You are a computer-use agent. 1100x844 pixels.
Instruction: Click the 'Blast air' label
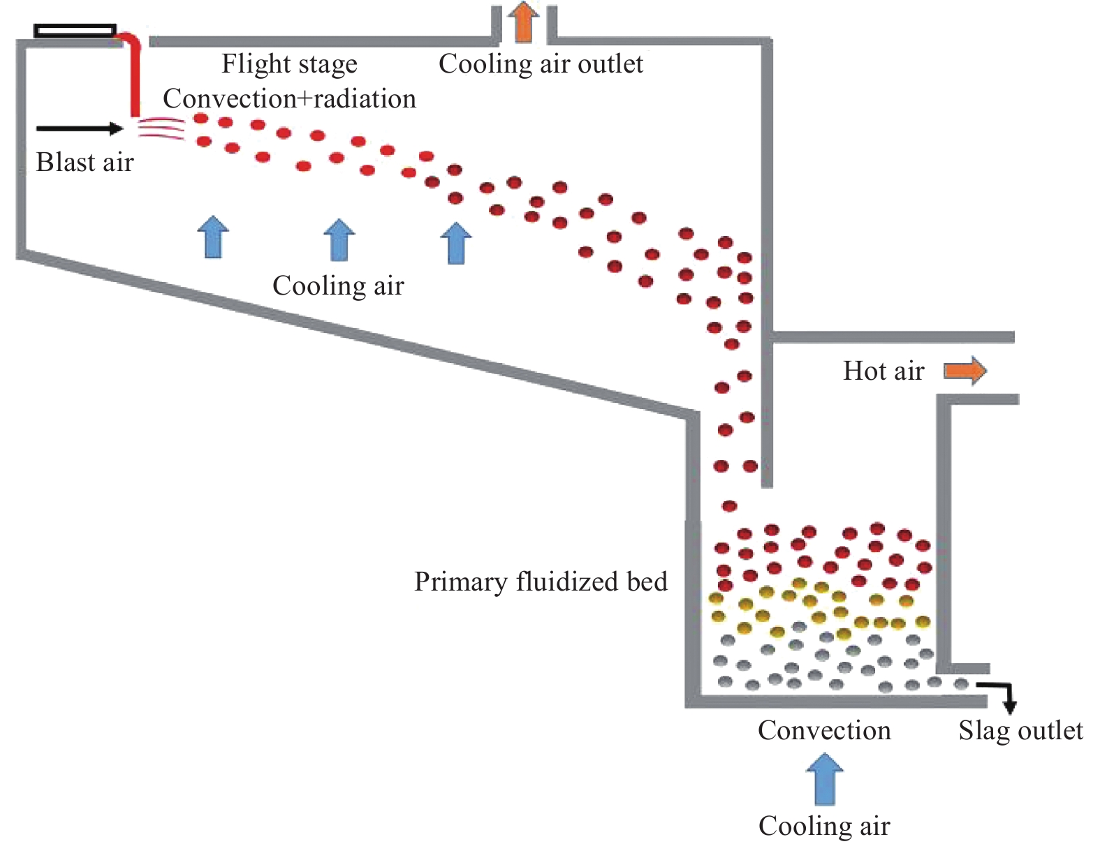click(85, 162)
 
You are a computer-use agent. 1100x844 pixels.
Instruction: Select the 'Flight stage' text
click(289, 64)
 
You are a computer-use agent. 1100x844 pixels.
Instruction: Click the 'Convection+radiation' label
click(289, 98)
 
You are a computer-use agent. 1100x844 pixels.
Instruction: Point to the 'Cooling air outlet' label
click(541, 64)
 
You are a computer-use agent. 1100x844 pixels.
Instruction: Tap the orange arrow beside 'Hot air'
click(965, 371)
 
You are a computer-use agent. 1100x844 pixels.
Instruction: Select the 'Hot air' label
click(883, 371)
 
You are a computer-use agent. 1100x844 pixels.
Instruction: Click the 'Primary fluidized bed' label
click(541, 582)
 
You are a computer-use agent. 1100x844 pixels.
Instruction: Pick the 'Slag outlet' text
click(1020, 730)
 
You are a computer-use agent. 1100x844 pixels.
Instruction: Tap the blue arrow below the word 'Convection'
click(825, 778)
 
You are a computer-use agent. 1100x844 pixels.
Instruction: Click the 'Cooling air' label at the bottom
click(824, 826)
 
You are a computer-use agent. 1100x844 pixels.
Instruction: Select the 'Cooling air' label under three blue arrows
click(338, 286)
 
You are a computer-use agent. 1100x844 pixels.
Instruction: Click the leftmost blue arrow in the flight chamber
click(213, 237)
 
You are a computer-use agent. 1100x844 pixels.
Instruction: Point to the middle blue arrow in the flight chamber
click(339, 239)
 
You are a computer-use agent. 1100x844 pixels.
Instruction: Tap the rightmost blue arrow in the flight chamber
click(456, 243)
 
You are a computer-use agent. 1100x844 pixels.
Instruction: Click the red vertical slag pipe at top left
click(134, 77)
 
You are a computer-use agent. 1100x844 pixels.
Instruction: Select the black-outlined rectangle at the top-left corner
click(75, 31)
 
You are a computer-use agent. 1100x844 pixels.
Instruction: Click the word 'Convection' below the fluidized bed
click(824, 730)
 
